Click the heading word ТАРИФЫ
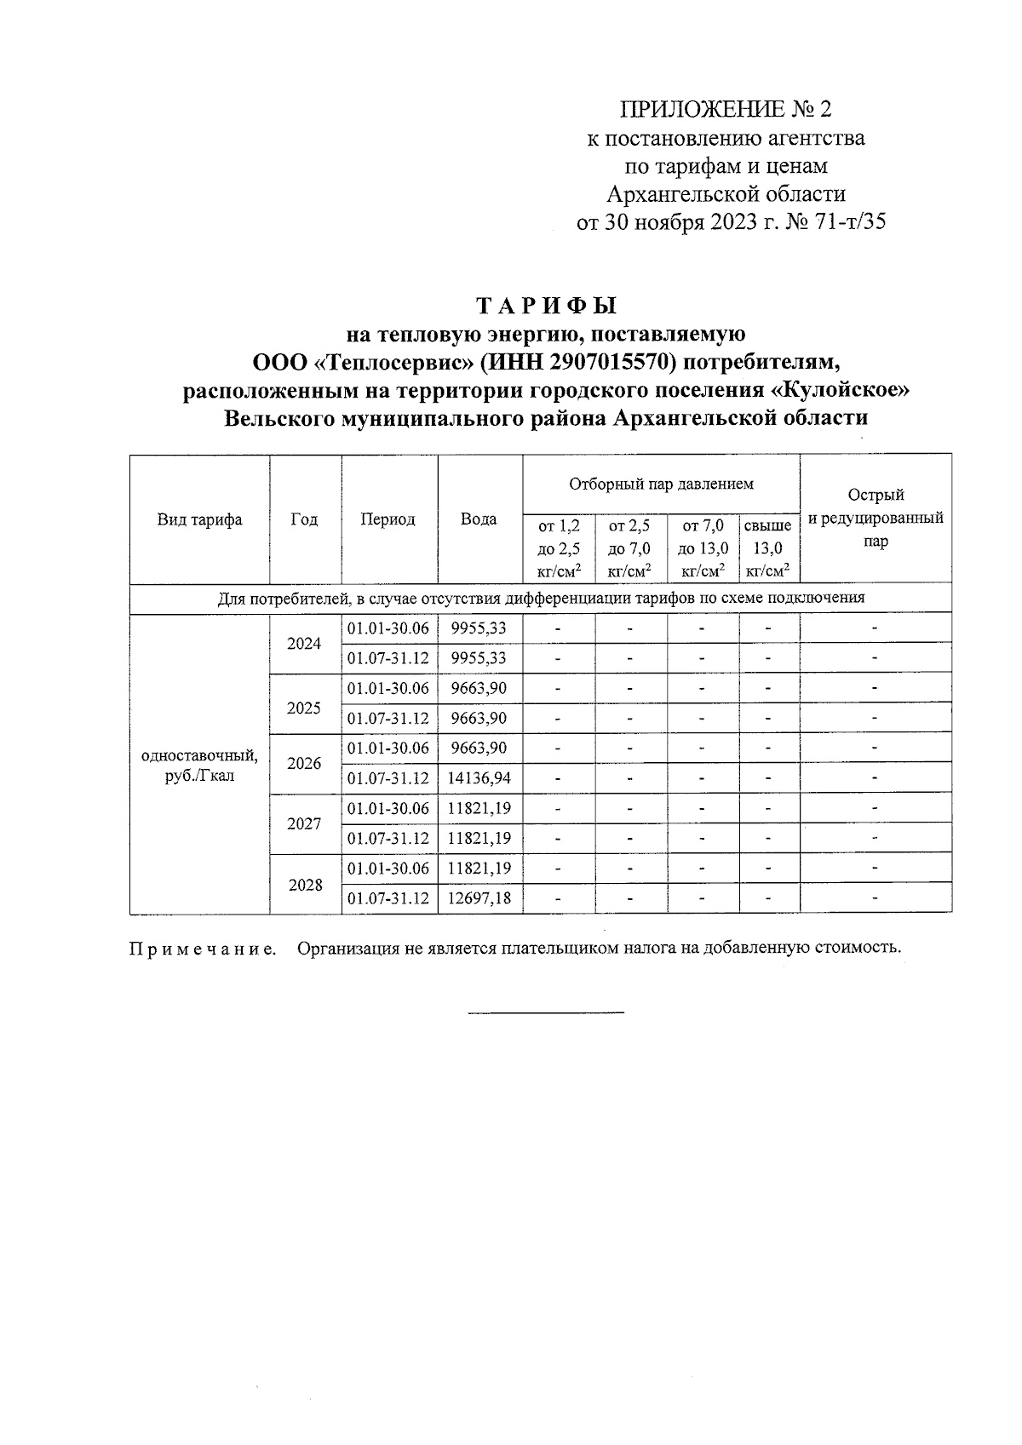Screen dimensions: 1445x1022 [545, 305]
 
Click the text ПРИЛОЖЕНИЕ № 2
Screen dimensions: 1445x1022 [726, 109]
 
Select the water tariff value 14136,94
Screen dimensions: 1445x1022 [479, 777]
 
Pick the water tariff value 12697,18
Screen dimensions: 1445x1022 [479, 897]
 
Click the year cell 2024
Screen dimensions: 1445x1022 [304, 644]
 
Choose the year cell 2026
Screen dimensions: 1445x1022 [304, 763]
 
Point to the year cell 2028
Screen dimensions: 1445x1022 [304, 885]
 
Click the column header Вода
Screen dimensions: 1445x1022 [479, 519]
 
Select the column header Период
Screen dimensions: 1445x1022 [388, 519]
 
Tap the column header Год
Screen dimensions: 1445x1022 [304, 519]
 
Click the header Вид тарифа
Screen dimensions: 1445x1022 [199, 519]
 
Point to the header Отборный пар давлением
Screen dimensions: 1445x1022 [661, 485]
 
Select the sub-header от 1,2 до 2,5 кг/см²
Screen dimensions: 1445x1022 [559, 548]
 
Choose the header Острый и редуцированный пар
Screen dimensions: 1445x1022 [876, 518]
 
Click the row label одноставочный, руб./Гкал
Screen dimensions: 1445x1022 [199, 765]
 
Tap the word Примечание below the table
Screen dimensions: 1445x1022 [203, 949]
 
